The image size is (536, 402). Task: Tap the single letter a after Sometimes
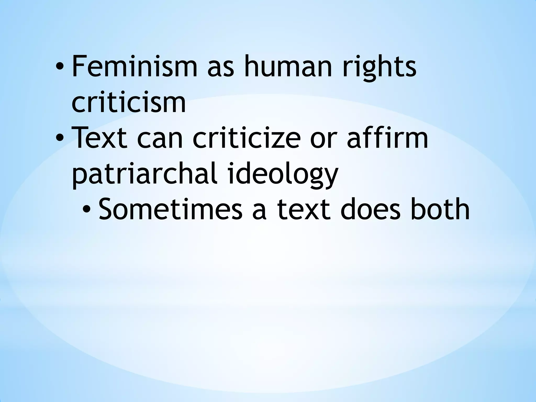(x=259, y=211)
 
